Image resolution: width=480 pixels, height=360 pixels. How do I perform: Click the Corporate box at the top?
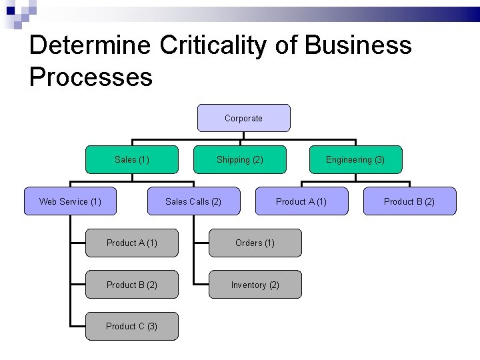[243, 118]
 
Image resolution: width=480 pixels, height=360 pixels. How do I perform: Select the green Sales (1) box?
[132, 159]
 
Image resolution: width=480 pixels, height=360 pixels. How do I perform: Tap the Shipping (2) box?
[239, 159]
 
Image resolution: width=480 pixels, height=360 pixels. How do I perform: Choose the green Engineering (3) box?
[355, 159]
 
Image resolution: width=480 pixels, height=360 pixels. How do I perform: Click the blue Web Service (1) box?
[70, 201]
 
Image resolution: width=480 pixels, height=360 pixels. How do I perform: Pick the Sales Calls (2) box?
[193, 201]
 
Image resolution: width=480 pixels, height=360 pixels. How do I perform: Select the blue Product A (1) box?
[301, 201]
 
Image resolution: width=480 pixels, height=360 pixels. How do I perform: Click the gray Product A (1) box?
[132, 243]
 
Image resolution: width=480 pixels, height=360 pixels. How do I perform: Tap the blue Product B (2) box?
[409, 201]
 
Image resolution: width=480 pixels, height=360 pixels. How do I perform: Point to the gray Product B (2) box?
[132, 285]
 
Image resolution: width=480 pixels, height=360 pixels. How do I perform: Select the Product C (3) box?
[132, 326]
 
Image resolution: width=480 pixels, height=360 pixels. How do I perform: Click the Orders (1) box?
[255, 243]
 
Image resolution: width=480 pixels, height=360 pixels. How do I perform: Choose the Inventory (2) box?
[255, 285]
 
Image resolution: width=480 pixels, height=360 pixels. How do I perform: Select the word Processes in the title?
[91, 77]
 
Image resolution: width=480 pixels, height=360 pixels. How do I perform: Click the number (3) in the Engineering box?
[379, 159]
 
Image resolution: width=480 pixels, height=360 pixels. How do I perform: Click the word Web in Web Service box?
[47, 201]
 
